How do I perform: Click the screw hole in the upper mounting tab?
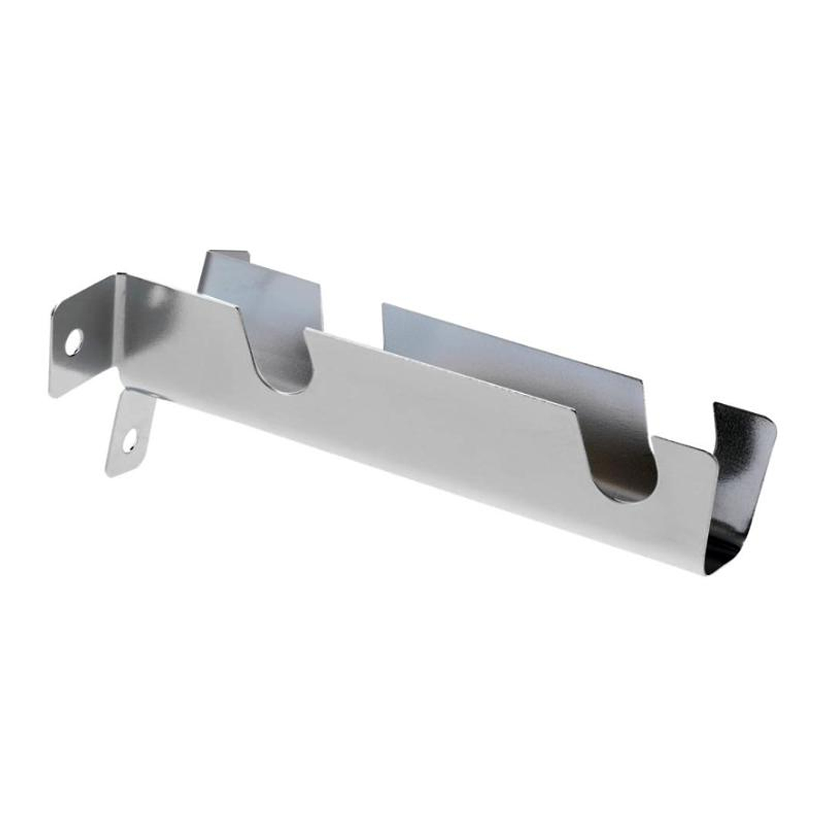tap(73, 341)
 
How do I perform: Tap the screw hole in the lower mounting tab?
tap(131, 439)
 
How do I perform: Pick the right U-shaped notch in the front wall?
tap(629, 466)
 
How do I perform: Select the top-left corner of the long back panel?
tap(383, 305)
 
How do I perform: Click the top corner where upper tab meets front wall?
tap(118, 275)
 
